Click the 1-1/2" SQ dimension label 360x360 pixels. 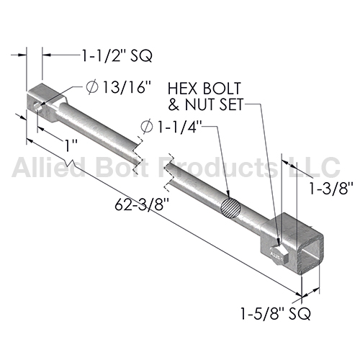click(x=117, y=55)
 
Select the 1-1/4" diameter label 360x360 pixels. click(x=179, y=127)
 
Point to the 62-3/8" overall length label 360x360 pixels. click(x=142, y=204)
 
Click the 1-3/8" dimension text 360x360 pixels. click(x=330, y=189)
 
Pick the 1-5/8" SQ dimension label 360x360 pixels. click(x=276, y=313)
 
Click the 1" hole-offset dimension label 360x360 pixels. click(x=71, y=145)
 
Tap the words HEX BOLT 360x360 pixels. click(x=204, y=89)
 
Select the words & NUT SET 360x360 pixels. click(x=206, y=104)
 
